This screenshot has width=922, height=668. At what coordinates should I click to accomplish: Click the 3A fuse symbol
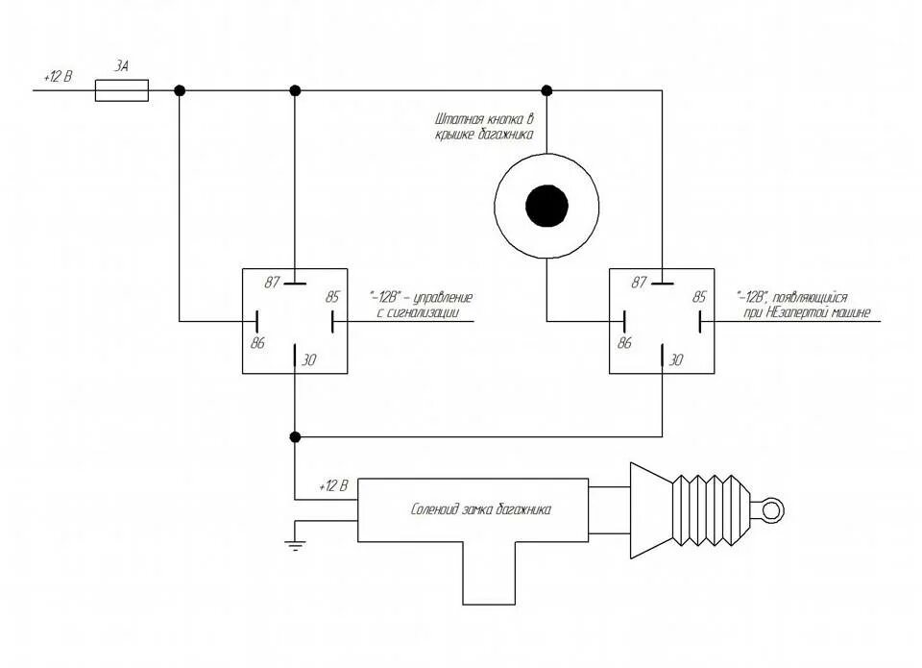coord(122,90)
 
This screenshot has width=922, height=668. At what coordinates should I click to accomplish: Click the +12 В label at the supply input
coord(59,75)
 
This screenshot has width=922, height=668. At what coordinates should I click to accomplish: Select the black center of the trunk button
coord(546,206)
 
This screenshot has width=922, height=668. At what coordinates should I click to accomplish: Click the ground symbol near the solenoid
coord(294,545)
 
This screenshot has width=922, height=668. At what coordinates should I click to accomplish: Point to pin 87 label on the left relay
coord(272,283)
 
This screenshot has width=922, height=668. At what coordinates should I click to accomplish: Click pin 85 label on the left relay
coord(332,296)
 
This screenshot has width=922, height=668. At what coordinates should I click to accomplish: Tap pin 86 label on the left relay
coord(256,342)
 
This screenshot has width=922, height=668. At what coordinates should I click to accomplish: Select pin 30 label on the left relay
coord(309,360)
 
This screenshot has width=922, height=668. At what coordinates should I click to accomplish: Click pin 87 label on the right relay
coord(641,283)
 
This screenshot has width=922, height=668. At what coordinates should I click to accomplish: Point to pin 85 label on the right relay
coord(699,296)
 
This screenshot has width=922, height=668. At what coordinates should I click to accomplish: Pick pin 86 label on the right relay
coord(625,342)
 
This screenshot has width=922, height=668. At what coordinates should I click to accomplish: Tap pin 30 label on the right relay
coord(676,360)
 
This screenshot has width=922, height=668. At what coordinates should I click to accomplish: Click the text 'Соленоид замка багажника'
coord(481,510)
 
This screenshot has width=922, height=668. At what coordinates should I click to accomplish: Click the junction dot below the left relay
coord(295,436)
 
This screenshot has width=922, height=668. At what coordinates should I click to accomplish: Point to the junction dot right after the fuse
coord(180,90)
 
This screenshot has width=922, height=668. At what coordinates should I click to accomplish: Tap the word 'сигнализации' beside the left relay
coord(432,312)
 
